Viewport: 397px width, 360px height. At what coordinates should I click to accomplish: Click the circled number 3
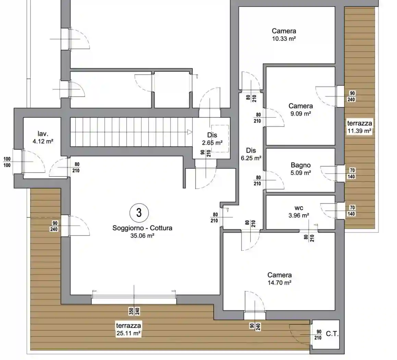click(x=139, y=213)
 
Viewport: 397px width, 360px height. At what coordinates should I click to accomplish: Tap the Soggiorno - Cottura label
click(x=142, y=228)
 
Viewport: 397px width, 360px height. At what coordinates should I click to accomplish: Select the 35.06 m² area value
click(x=142, y=236)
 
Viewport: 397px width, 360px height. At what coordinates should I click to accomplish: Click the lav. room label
click(x=42, y=133)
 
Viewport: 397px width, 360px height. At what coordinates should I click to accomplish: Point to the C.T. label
click(x=332, y=334)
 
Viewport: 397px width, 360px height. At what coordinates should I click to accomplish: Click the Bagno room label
click(x=300, y=165)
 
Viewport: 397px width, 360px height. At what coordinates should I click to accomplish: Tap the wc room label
click(x=299, y=208)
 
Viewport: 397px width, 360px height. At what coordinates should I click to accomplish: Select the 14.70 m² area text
click(x=280, y=283)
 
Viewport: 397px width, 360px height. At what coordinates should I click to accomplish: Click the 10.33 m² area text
click(x=284, y=39)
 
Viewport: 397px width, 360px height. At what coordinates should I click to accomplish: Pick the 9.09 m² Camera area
click(x=300, y=114)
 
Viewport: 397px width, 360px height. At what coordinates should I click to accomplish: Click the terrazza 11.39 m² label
click(x=360, y=127)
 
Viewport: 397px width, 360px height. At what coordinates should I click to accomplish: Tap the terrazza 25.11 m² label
click(x=128, y=329)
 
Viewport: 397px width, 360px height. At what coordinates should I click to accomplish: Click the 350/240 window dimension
click(x=134, y=311)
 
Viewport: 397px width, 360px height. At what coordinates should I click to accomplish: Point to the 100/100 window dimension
click(x=7, y=162)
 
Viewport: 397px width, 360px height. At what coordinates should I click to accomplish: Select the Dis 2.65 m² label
click(x=212, y=139)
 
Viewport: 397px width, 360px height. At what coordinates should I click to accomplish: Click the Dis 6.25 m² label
click(x=251, y=154)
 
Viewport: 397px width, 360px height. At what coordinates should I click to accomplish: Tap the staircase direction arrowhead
click(x=190, y=132)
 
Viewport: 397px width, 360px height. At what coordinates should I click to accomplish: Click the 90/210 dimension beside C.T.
click(x=318, y=335)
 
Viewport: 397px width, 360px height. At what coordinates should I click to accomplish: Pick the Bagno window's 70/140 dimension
click(x=351, y=173)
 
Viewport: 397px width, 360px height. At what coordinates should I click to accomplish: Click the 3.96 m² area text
click(x=299, y=216)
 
